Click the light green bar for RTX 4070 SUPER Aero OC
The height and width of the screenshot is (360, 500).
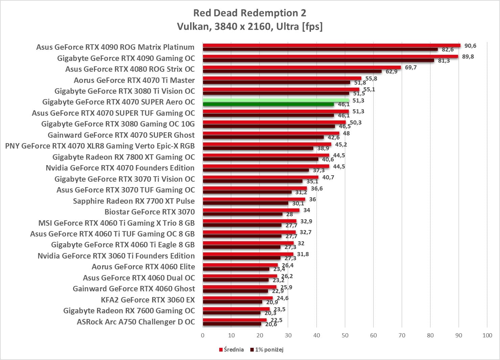[x=276, y=100]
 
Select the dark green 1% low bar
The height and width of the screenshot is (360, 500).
[x=268, y=104]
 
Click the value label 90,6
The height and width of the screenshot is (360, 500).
[x=470, y=46]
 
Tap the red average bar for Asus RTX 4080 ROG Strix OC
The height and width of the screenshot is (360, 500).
[x=302, y=67]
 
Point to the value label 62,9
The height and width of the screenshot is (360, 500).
[x=391, y=71]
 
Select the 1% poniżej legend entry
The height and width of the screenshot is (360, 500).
[x=267, y=350]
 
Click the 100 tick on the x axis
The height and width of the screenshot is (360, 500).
[x=487, y=335]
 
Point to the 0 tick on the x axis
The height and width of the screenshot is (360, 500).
[x=203, y=335]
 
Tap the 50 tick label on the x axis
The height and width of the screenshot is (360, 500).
[x=345, y=335]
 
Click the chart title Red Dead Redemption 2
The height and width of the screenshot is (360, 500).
[x=250, y=13]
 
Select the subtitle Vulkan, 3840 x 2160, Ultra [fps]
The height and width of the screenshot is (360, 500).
[x=250, y=26]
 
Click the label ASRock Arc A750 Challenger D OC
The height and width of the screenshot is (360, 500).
[x=136, y=322]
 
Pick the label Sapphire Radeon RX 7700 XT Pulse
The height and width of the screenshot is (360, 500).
[x=134, y=201]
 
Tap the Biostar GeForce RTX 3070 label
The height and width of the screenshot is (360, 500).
[x=150, y=212]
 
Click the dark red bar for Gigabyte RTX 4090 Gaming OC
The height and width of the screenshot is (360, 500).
[x=318, y=61]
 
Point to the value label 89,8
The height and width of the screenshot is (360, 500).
[x=468, y=57]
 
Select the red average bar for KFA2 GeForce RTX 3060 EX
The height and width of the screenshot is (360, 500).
[x=237, y=298]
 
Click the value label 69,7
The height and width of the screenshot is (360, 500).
[x=411, y=67]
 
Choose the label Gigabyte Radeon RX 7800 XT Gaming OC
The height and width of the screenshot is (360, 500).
[x=123, y=157]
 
